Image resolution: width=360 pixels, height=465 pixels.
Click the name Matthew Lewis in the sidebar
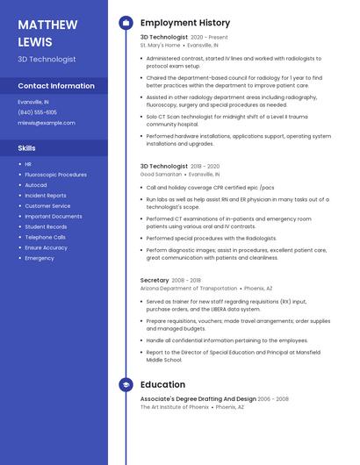47,32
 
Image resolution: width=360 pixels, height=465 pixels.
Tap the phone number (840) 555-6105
38,112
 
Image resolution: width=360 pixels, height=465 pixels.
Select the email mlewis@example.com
47,123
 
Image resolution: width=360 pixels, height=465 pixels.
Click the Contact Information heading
56,86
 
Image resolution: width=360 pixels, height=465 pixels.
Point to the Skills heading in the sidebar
27,148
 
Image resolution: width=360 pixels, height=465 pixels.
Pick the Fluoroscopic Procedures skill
55,175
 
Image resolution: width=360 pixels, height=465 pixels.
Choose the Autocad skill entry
36,185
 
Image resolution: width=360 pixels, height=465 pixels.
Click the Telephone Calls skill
45,237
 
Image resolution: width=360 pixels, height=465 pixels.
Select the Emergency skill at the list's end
40,258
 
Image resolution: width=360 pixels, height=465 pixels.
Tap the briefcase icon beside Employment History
126,22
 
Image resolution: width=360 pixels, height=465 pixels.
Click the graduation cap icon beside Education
126,384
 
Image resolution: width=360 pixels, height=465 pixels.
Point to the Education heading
162,384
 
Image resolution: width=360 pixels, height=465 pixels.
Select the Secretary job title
155,281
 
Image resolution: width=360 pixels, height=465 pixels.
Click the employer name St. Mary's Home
160,45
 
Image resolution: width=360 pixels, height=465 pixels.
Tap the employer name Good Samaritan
161,174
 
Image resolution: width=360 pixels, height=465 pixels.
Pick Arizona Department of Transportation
188,288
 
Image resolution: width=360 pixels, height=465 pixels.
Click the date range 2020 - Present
209,38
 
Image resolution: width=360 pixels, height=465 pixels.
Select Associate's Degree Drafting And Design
198,399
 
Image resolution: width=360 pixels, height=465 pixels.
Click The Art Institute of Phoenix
174,406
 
